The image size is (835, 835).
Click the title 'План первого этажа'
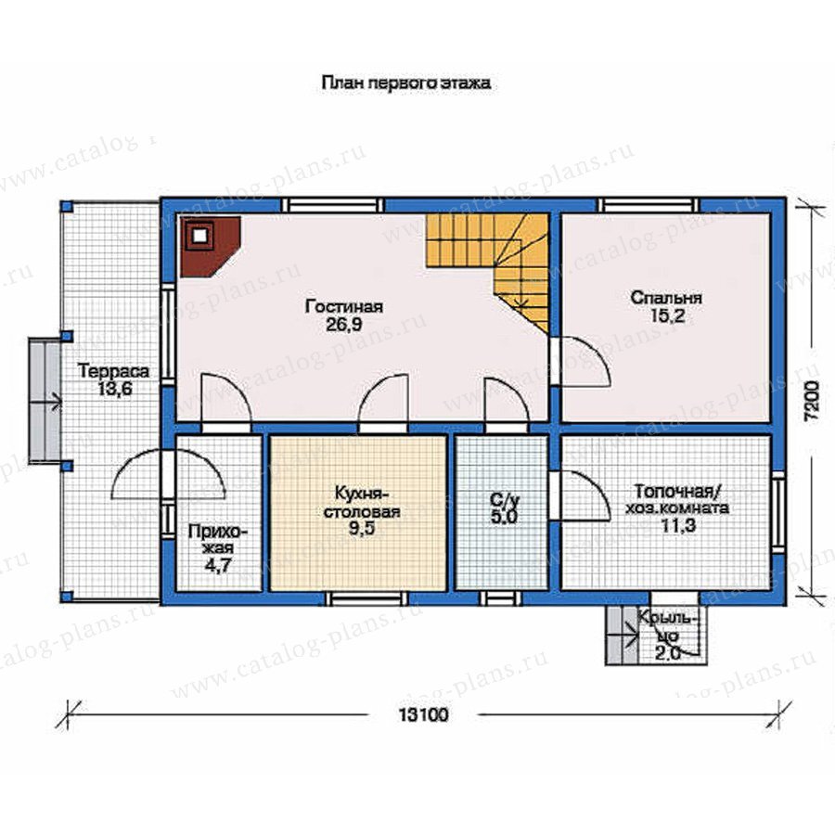point(405,83)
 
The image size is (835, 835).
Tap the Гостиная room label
point(344,307)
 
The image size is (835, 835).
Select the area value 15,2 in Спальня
point(667,316)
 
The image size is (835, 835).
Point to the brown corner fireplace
point(211,246)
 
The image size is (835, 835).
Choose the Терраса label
point(113,370)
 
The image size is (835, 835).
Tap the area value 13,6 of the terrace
point(114,390)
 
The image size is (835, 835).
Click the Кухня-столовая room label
point(362,502)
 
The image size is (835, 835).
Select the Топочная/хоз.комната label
point(677,498)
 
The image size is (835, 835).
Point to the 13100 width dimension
point(424,714)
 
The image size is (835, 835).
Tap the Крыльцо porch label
point(667,626)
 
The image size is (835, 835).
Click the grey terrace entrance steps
point(45,402)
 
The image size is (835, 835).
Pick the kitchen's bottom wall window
point(366,598)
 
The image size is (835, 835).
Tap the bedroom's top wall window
point(649,205)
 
